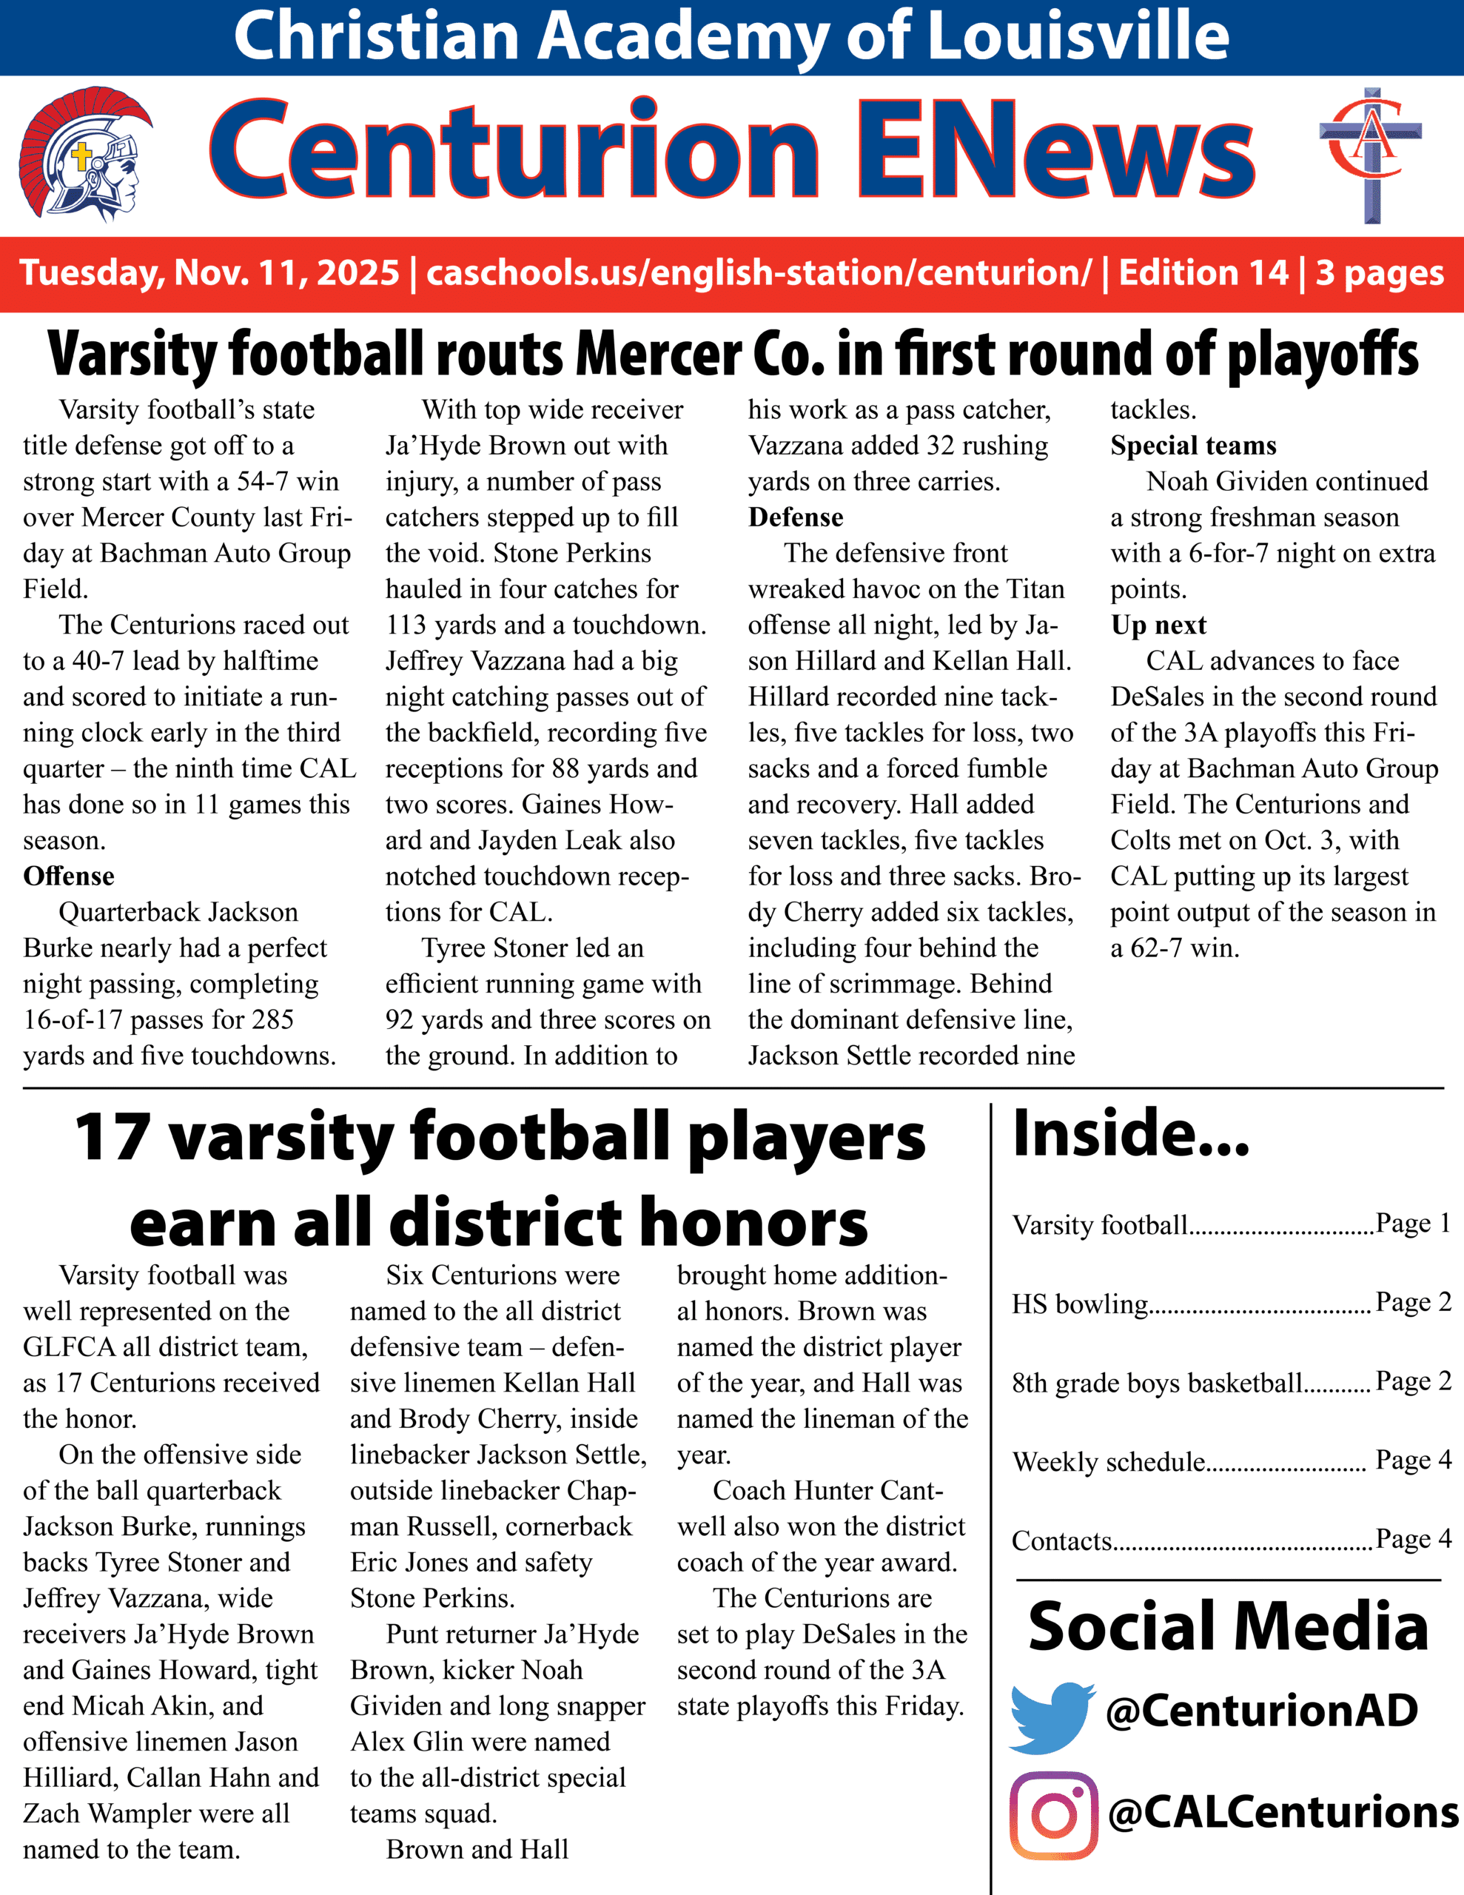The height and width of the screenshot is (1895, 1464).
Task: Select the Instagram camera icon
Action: tap(1053, 1815)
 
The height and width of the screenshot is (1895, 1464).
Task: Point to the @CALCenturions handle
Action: tap(1283, 1811)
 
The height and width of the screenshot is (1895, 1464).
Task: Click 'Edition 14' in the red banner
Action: tap(1203, 272)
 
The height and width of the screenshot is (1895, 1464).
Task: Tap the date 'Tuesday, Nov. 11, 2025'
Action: tap(209, 272)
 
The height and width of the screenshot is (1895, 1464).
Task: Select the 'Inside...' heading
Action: tap(1131, 1134)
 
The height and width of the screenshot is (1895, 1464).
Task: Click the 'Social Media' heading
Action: tap(1228, 1626)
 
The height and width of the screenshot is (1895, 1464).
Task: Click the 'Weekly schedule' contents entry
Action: tap(1108, 1462)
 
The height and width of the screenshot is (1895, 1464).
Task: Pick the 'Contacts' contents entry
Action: tap(1061, 1540)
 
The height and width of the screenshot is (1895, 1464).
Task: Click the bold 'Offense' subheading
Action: tap(69, 876)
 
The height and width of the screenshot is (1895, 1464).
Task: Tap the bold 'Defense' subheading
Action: tap(796, 517)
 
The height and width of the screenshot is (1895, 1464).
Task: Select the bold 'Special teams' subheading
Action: tap(1193, 445)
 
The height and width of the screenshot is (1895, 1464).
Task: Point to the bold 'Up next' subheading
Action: tap(1158, 625)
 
